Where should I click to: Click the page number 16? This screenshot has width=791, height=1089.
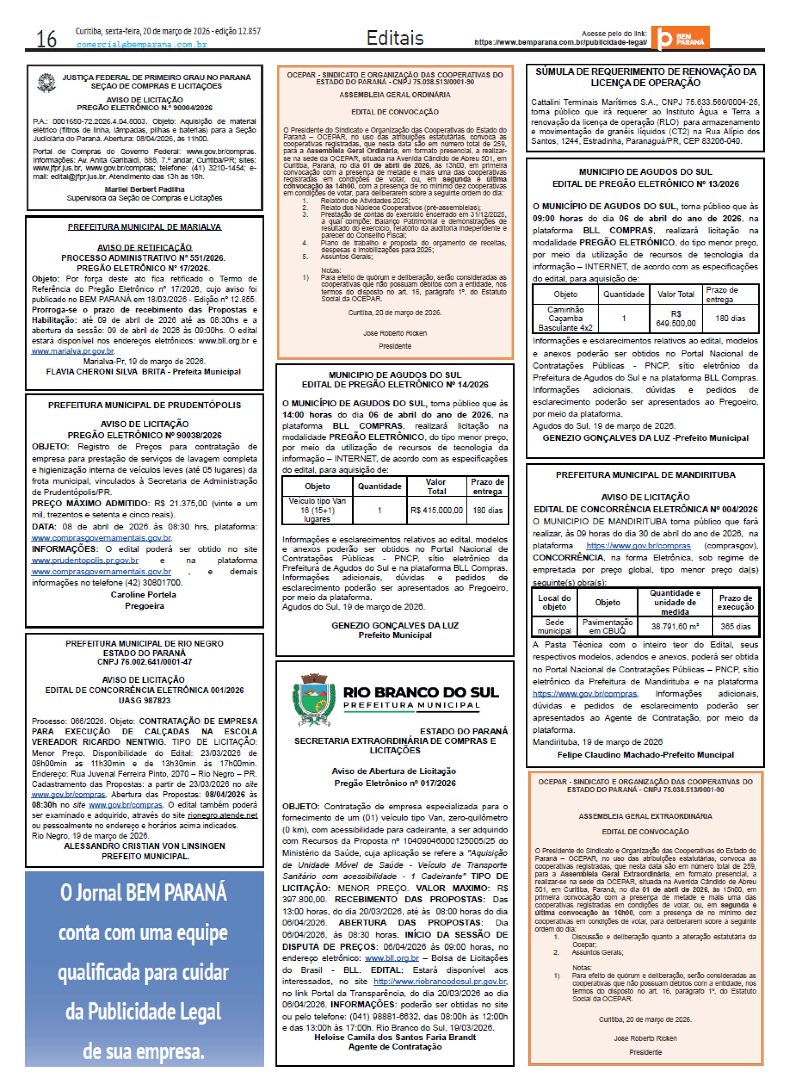[x=46, y=39]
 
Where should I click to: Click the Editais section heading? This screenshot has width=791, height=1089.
[x=394, y=38]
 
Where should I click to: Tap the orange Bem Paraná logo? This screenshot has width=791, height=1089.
[x=679, y=38]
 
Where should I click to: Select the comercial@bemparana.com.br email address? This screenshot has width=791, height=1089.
[x=142, y=45]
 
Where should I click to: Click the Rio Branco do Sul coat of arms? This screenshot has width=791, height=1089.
[x=312, y=701]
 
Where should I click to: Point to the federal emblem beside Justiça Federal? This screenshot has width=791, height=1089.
[x=47, y=82]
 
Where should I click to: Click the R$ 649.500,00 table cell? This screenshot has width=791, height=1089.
[x=675, y=318]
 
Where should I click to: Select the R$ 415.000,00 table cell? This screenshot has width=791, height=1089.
[x=436, y=510]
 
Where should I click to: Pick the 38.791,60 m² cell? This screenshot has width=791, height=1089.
[x=675, y=626]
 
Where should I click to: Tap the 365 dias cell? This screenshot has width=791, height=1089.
[x=735, y=626]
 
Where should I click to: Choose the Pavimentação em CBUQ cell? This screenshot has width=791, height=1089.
[x=607, y=626]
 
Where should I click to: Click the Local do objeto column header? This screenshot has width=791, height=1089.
[x=554, y=602]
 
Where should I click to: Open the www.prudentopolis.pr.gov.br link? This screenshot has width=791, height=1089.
[x=85, y=560]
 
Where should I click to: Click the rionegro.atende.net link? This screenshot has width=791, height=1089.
[x=223, y=815]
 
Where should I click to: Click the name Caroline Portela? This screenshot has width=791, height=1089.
[x=143, y=594]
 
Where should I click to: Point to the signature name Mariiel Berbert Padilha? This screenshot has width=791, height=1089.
[x=144, y=189]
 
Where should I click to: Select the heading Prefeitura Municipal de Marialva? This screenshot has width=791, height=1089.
[x=144, y=227]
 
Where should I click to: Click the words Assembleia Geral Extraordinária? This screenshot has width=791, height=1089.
[x=645, y=816]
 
